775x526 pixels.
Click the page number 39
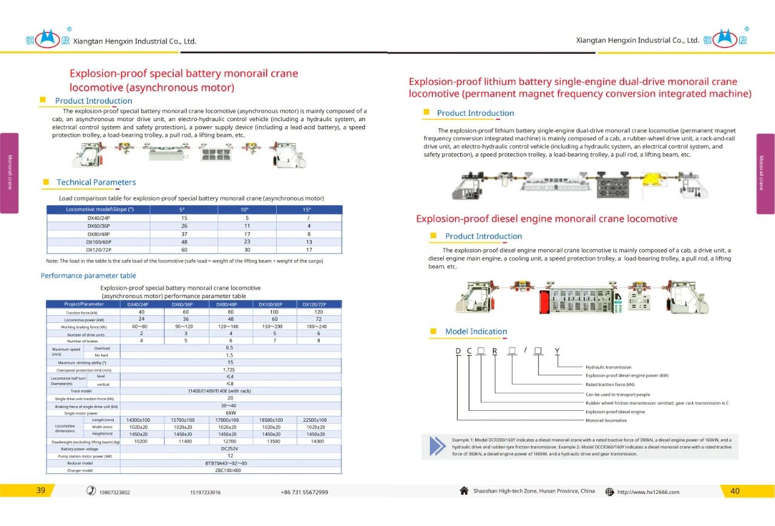coord(41,491)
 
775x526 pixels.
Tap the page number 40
coord(735,491)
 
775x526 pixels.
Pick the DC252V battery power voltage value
coord(230,448)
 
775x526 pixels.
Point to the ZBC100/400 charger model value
coord(230,470)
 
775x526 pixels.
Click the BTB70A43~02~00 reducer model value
coord(230,463)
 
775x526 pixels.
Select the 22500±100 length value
coord(315,420)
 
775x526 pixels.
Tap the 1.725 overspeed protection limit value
coord(230,369)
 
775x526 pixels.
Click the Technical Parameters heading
coord(96,182)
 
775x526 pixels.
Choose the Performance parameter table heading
coord(88,276)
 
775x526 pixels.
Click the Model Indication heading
coord(476,331)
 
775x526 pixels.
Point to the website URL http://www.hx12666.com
coord(648,492)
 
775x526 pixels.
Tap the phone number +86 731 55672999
coord(305,492)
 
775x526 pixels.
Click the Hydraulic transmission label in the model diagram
coord(608,367)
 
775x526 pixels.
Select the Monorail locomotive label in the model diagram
coord(606,420)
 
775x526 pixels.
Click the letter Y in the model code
coord(557,351)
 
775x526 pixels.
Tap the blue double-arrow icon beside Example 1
coord(437,445)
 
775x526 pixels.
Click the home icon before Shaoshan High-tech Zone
coord(464,491)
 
